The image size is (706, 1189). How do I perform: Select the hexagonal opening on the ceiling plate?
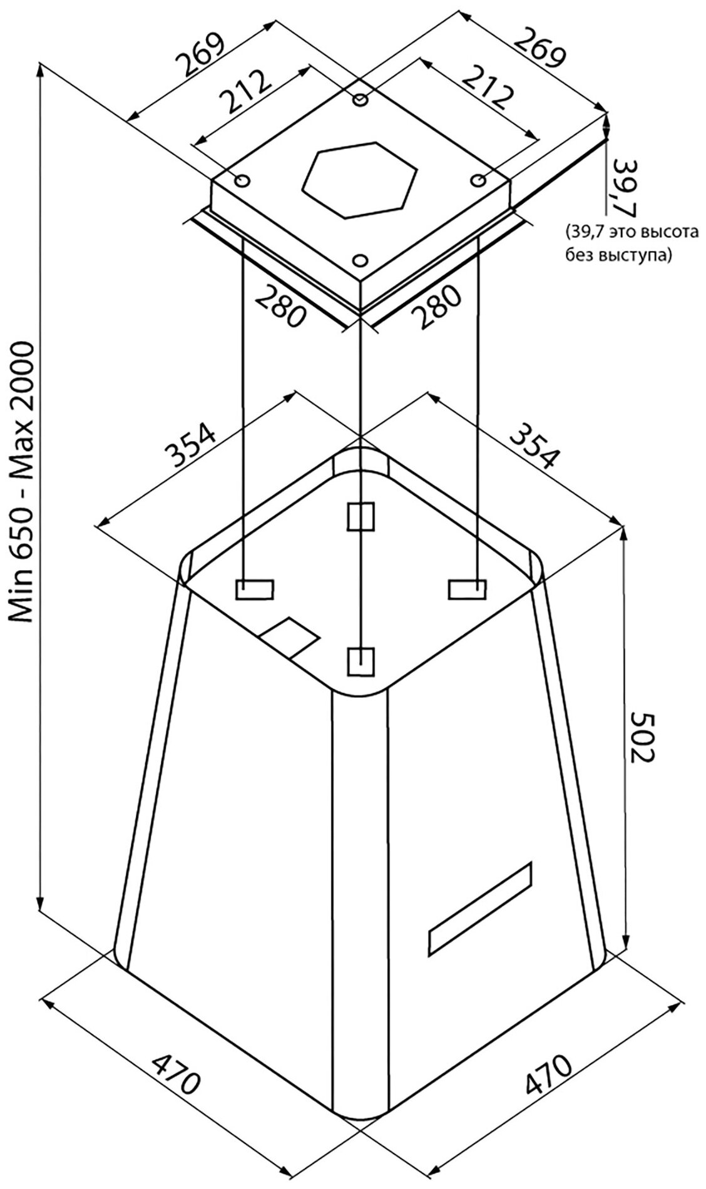coord(359,180)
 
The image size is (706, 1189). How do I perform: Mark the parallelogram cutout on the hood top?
coord(290,638)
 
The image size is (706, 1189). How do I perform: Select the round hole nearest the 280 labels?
coord(360,259)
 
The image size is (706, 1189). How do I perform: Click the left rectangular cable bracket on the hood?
coord(254,589)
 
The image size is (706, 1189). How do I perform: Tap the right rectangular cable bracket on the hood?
coord(467,589)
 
